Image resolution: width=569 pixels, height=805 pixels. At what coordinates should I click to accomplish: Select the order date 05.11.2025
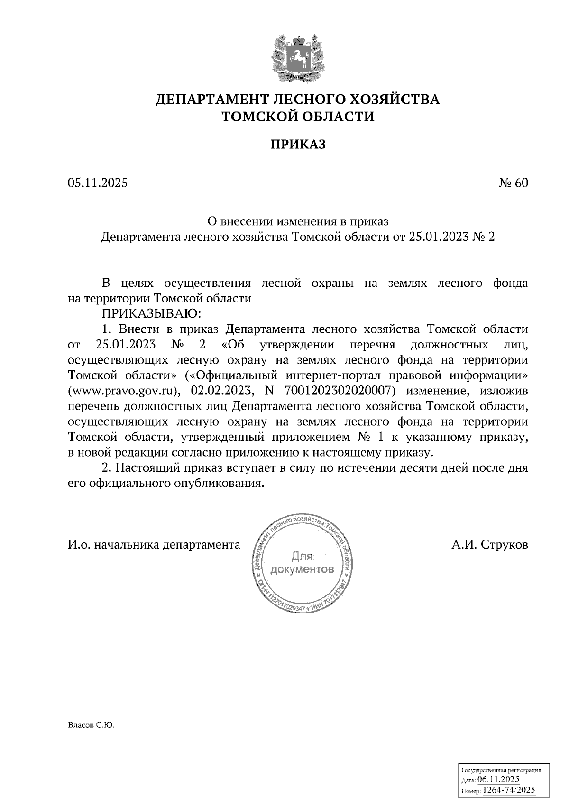click(98, 183)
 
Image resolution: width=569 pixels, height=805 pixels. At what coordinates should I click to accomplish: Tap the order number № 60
click(513, 183)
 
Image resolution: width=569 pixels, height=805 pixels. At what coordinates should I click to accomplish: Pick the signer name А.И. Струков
click(489, 545)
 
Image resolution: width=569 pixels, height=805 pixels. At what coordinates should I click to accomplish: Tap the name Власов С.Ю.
click(92, 725)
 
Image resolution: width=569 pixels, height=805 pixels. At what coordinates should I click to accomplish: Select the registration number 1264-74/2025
click(508, 790)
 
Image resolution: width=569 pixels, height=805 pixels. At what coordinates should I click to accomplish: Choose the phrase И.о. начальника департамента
click(154, 545)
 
